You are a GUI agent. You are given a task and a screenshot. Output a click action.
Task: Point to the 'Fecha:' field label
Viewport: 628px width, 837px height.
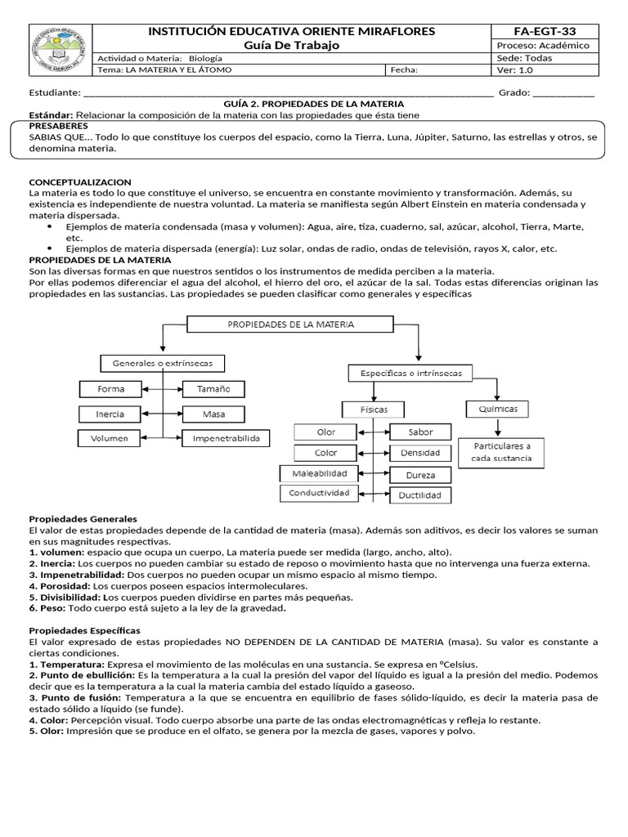[x=405, y=70]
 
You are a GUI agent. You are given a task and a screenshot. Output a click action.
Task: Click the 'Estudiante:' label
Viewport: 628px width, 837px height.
[x=55, y=93]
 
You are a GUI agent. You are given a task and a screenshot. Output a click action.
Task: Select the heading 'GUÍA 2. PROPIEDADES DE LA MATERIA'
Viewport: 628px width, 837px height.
[x=313, y=105]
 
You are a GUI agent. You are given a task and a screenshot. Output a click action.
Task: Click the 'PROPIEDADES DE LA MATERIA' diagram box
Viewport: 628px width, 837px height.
[x=290, y=325]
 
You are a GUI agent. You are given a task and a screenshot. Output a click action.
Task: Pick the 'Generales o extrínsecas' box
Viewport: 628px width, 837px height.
[x=162, y=363]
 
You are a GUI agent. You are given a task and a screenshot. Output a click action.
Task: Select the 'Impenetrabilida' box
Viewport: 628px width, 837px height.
[x=226, y=439]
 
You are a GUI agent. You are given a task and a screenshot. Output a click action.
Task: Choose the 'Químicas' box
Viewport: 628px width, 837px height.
[x=497, y=409]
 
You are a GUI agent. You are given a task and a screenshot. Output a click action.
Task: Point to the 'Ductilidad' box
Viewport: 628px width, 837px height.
[x=419, y=495]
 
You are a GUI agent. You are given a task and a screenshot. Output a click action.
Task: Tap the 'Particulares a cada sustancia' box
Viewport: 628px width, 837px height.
[x=501, y=452]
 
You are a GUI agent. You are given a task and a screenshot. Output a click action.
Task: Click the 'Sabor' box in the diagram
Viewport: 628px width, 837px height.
[x=419, y=432]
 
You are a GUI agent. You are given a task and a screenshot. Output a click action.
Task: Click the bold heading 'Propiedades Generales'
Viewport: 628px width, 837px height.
[x=83, y=519]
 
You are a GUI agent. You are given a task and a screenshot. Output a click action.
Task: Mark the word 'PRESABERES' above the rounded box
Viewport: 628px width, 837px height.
[x=59, y=128]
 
